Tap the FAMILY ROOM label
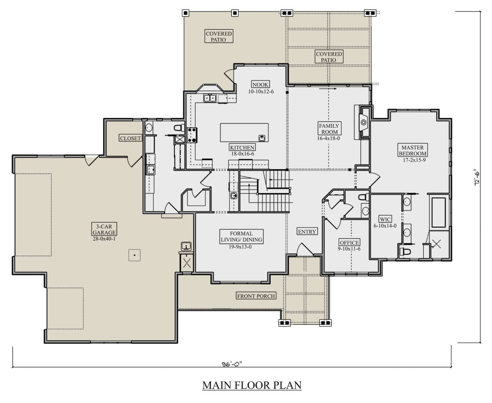pos(329,129)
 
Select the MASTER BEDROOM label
pos(413,150)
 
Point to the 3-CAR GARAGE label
pos(104,229)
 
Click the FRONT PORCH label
pos(256,296)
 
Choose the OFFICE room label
pos(349,242)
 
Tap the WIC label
pos(385,219)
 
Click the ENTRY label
pos(307,232)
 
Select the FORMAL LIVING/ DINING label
pos(241,237)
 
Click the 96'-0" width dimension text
pos(232,364)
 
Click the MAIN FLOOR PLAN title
pos(252,385)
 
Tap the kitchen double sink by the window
pos(210,98)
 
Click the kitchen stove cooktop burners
pos(192,135)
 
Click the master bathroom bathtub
pos(439,212)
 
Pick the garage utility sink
pos(186,246)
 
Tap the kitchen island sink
pos(262,138)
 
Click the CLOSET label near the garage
pos(130,138)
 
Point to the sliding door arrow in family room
pos(328,89)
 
